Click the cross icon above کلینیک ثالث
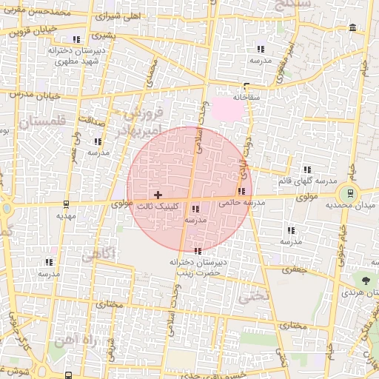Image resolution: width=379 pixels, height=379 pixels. [157, 194]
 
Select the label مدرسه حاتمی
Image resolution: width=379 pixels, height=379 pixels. [245, 202]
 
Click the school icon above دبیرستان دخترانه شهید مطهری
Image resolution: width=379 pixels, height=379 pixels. [76, 40]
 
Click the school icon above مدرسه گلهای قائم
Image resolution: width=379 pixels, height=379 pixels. [306, 170]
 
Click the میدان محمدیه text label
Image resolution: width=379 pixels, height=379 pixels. [358, 205]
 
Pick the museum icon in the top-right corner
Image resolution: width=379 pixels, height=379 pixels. [352, 28]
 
